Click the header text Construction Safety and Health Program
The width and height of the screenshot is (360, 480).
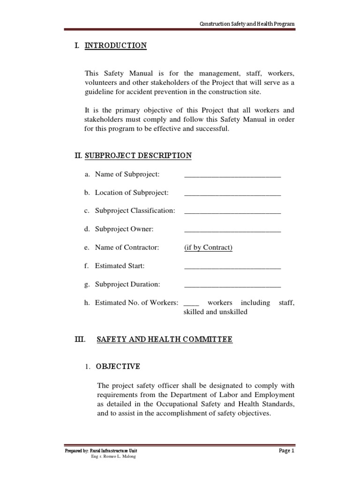tap(247, 24)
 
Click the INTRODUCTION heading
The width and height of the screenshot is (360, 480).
tap(115, 45)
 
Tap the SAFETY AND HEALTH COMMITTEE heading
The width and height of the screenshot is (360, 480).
tap(164, 339)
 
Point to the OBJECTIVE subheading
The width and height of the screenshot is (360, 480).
tap(118, 366)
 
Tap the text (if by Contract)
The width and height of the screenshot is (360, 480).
tap(208, 247)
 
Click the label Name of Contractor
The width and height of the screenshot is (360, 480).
tap(127, 247)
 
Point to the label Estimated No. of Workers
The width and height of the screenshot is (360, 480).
tap(136, 303)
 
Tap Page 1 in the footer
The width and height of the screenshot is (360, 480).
tap(286, 450)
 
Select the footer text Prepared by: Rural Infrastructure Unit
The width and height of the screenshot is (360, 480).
tap(101, 451)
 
